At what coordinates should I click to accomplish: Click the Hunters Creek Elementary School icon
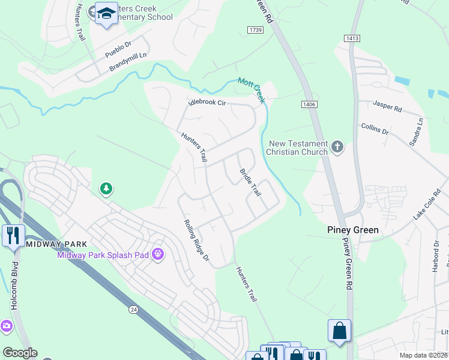coord(106,13)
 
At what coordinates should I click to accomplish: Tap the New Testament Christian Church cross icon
coord(337,147)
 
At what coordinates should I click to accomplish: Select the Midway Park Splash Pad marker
coord(158,255)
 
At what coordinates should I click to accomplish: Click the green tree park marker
coord(106,190)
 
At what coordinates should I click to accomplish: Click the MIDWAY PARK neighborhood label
coord(57,244)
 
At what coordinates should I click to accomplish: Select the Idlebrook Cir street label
coord(206,103)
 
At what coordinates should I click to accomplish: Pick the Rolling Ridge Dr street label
coord(196,241)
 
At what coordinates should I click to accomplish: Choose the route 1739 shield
coord(255,29)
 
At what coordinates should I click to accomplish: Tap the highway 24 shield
coord(133,309)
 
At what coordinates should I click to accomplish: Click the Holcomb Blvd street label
coord(14,285)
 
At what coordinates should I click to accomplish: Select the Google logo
coord(20,353)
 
